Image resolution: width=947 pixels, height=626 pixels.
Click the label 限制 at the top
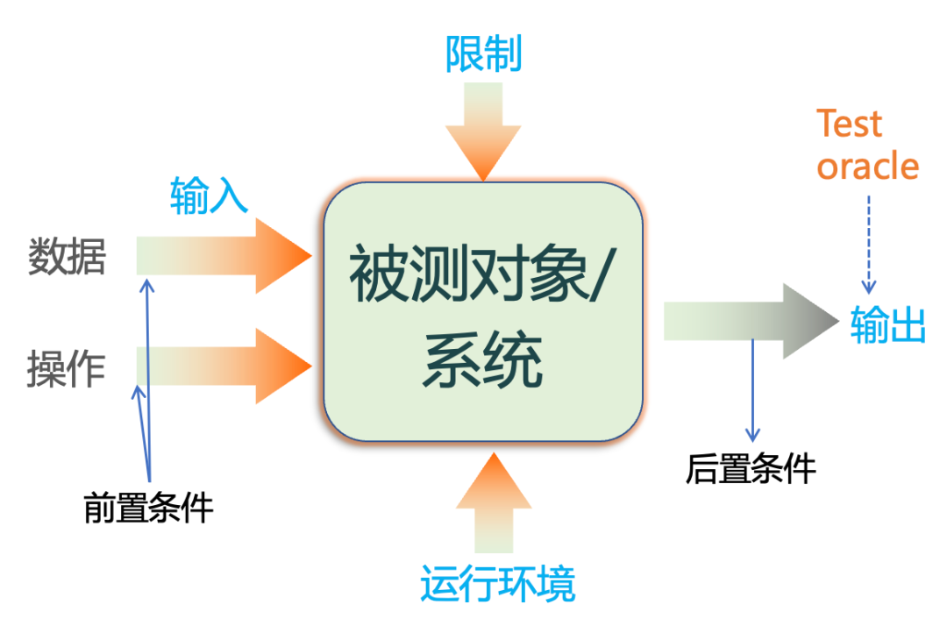tap(483, 54)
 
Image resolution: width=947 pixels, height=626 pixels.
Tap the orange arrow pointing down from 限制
tap(483, 132)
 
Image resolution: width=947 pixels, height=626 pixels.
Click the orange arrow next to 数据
tap(228, 256)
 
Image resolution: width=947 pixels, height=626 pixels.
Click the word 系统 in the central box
tap(483, 361)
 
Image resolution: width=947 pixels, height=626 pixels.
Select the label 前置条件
tap(149, 508)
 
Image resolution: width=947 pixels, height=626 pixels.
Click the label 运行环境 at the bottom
tap(497, 584)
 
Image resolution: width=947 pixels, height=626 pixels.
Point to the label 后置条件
tap(751, 469)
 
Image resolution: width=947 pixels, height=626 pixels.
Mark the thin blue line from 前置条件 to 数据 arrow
tap(148, 377)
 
